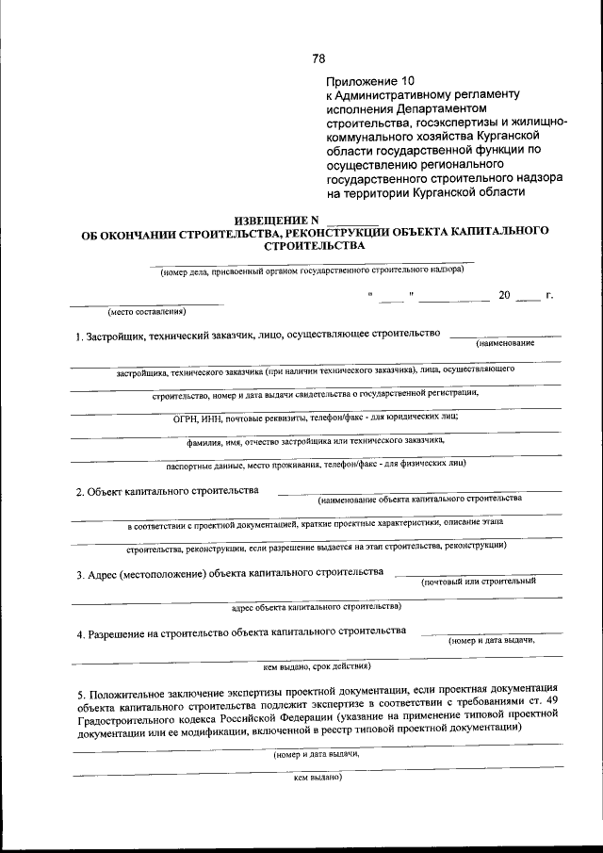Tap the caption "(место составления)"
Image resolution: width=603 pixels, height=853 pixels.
pyautogui.click(x=147, y=311)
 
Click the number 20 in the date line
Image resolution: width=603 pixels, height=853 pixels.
pyautogui.click(x=504, y=296)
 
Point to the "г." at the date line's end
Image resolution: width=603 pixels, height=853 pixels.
pyautogui.click(x=548, y=296)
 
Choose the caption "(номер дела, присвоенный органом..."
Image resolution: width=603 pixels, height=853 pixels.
pyautogui.click(x=312, y=271)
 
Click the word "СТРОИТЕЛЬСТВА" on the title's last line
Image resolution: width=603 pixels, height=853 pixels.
pyautogui.click(x=315, y=245)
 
